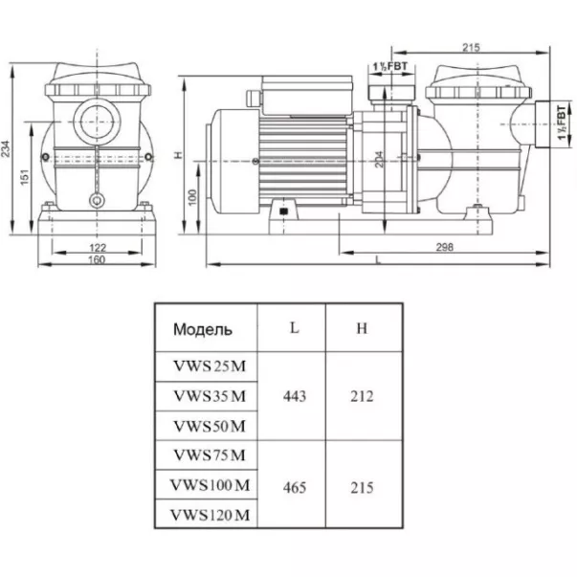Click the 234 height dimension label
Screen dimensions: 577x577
pos(7,148)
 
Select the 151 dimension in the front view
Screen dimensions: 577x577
pos(24,177)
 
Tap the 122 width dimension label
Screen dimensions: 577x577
pos(98,247)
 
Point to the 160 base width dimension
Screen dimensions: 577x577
pos(97,260)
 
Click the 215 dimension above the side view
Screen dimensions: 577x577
pos(471,47)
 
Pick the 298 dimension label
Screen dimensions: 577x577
pos(445,247)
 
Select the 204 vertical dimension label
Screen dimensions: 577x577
pos(379,160)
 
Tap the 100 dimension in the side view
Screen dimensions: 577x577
pos(192,197)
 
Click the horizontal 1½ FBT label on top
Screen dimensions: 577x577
pos(390,67)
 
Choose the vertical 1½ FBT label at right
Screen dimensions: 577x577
pos(562,122)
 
